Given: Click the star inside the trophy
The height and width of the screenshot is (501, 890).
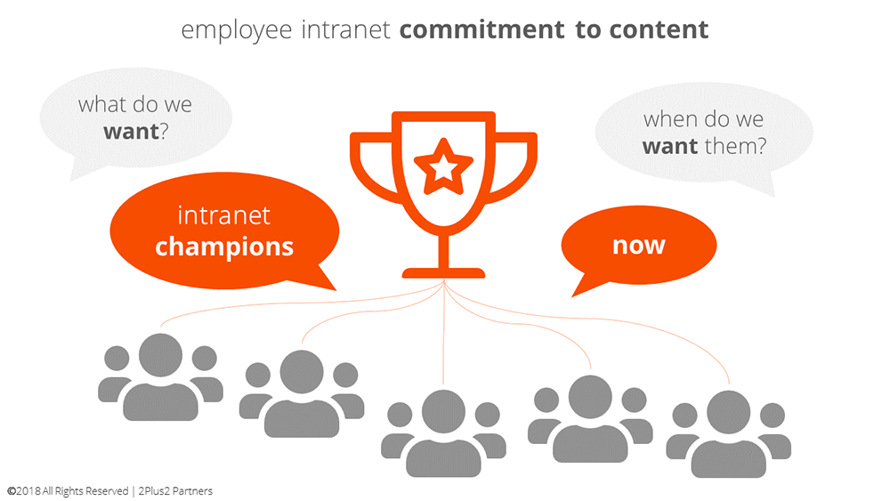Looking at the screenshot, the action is coord(443,166).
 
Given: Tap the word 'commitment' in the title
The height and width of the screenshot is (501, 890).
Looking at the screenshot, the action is coord(482,29).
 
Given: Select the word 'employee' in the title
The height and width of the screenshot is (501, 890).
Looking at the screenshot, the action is coord(237,30).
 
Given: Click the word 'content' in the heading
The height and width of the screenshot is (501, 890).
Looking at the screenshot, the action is coord(659,29).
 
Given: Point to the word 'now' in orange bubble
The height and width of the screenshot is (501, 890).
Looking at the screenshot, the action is coord(638,245).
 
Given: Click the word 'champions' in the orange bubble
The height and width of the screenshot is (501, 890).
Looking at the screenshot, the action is coord(224,247).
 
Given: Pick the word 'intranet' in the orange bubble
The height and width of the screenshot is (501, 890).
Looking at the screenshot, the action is coord(223,215).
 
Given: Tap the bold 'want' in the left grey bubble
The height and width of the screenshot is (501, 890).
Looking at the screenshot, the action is coord(131,132).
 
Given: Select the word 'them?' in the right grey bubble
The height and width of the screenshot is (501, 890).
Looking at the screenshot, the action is coord(735,147).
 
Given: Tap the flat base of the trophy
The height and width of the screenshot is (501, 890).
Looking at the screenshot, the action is coord(443,273).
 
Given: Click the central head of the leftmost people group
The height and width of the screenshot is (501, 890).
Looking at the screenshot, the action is coord(160,355).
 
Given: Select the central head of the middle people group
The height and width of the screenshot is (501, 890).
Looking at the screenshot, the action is coord(443,411).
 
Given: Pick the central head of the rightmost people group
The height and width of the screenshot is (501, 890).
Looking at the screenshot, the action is coord(729,413).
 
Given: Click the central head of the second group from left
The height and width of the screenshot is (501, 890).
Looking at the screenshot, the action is coord(302,372).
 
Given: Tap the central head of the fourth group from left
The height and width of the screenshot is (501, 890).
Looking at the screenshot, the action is coord(590,397).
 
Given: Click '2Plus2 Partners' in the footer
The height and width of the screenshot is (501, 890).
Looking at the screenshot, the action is coord(175,491).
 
